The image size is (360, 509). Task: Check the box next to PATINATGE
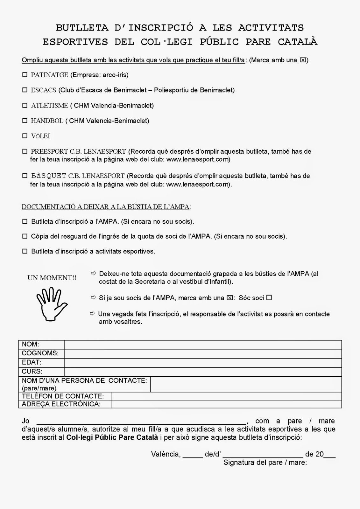(25, 75)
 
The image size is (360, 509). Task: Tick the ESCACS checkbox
(25, 90)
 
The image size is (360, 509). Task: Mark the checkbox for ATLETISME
(25, 105)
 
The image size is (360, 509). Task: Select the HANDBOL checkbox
(25, 121)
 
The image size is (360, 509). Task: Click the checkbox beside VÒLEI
(25, 136)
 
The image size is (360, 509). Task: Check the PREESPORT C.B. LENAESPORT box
(25, 151)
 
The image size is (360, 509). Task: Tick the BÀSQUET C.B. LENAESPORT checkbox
(25, 176)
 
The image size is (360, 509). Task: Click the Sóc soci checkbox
(269, 298)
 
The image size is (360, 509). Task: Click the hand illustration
(52, 303)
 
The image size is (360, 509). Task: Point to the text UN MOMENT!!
(52, 278)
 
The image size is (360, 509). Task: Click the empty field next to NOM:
(203, 345)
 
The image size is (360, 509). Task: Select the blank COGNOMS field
(203, 353)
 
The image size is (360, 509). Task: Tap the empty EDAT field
(203, 362)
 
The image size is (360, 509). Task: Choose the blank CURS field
(203, 371)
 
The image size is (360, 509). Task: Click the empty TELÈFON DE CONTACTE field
(227, 396)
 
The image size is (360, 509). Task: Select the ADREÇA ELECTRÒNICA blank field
(227, 404)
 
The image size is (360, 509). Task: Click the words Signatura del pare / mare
(265, 463)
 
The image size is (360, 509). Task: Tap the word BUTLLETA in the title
(82, 28)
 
